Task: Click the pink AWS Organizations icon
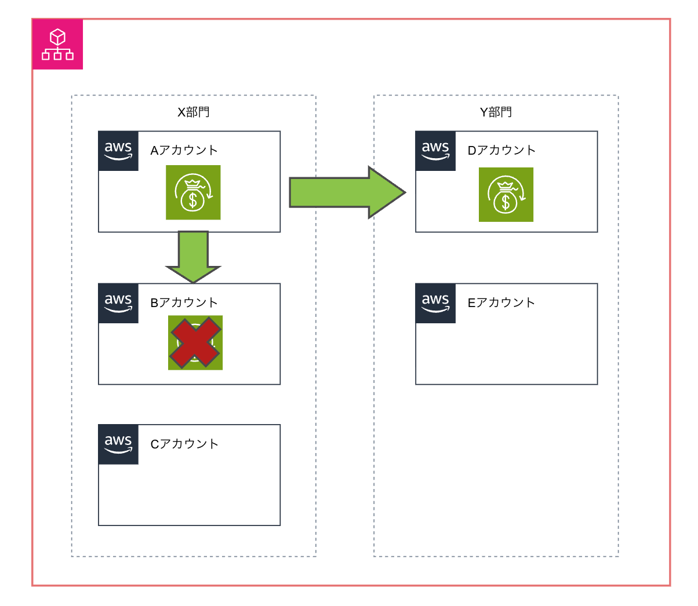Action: click(x=57, y=45)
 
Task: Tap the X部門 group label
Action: click(x=193, y=112)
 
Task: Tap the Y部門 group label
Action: click(x=496, y=112)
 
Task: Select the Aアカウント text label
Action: click(x=184, y=150)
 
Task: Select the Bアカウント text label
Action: click(x=184, y=302)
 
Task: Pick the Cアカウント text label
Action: click(x=184, y=444)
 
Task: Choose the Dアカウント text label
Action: click(x=501, y=150)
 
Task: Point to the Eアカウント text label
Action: click(x=501, y=302)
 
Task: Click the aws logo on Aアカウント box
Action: click(x=118, y=151)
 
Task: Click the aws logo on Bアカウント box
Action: click(x=118, y=303)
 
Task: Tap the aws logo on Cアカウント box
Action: click(x=118, y=444)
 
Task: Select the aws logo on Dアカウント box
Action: click(x=435, y=151)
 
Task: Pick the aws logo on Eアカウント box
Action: click(x=435, y=303)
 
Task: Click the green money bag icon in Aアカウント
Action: click(x=193, y=192)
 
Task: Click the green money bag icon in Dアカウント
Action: click(x=506, y=195)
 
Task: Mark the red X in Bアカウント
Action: click(x=195, y=342)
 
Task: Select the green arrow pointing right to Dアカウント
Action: click(x=346, y=192)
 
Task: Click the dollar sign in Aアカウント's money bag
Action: click(x=192, y=200)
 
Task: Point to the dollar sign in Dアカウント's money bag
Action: click(x=506, y=203)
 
